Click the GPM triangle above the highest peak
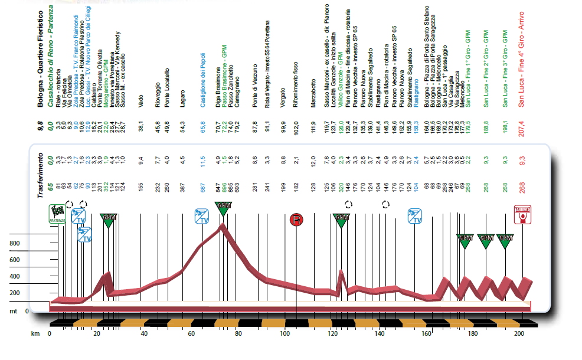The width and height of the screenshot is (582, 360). tap(223, 207)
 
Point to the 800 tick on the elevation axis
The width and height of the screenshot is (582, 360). tap(14, 243)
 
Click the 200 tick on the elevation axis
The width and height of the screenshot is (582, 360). tap(14, 293)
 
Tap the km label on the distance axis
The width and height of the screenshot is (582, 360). tap(35, 334)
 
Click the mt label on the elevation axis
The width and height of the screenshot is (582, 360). tap(14, 311)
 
